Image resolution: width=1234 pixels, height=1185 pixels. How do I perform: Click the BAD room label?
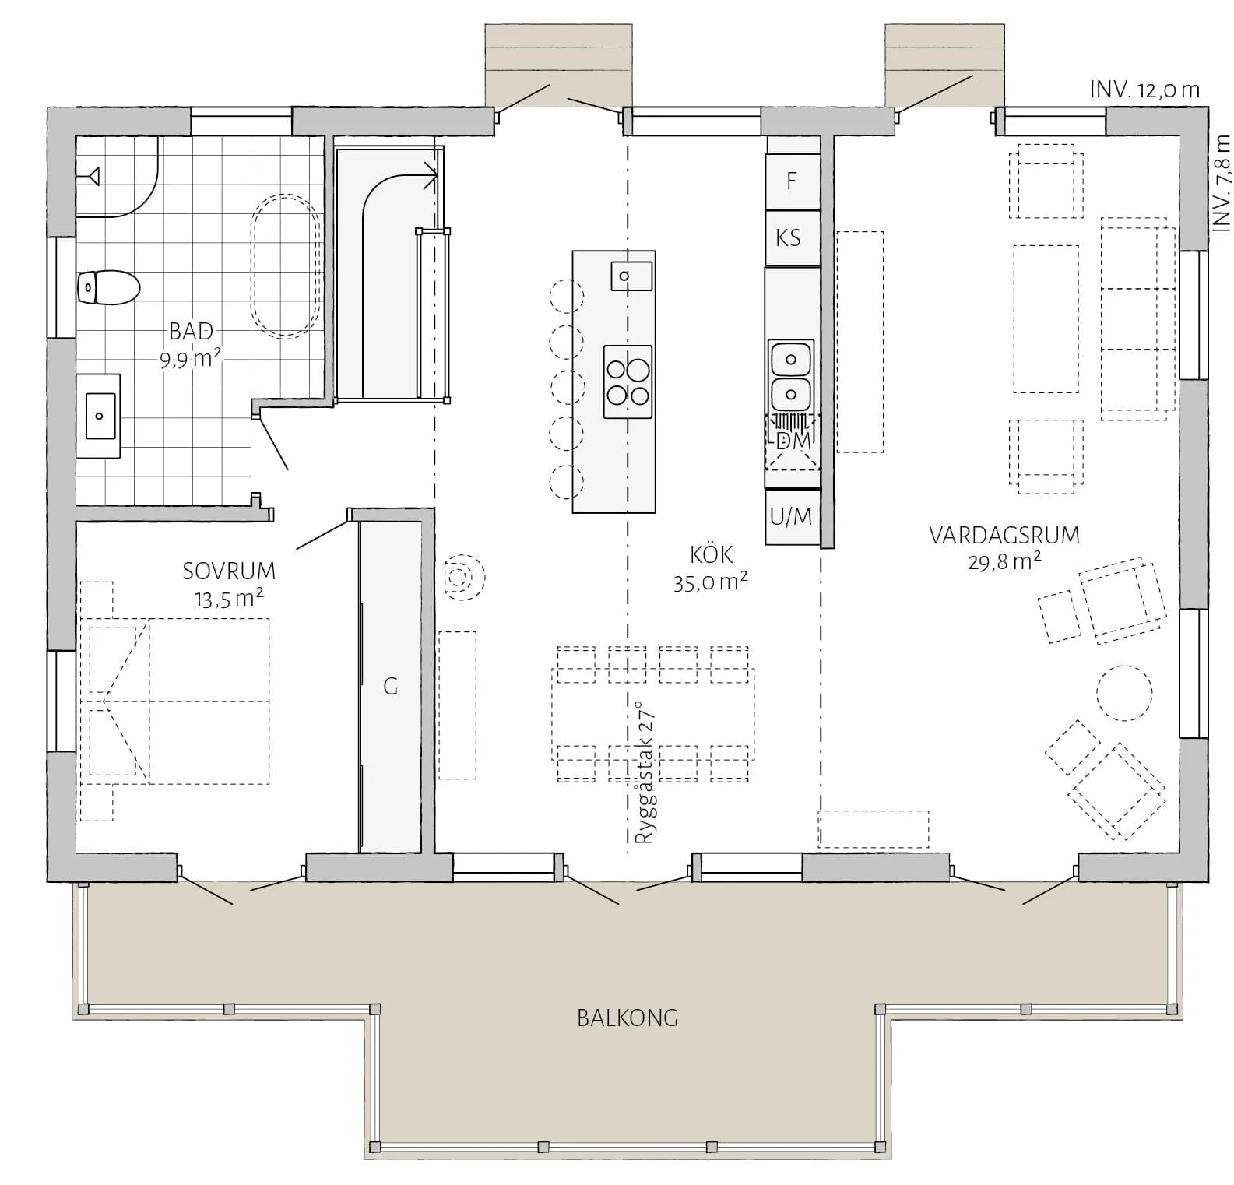point(191,331)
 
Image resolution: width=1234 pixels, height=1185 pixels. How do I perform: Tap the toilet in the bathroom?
point(108,287)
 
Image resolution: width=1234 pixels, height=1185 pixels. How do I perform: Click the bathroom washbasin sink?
point(100,416)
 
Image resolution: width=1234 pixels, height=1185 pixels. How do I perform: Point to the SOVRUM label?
point(229,571)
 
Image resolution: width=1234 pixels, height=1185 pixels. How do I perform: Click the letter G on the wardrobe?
point(391,686)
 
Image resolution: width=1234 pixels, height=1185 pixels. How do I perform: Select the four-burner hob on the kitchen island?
point(628,382)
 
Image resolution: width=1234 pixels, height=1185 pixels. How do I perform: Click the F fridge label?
point(792,181)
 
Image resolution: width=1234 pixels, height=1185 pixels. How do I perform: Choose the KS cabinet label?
point(788,237)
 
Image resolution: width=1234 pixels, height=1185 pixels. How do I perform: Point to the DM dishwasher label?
point(793,441)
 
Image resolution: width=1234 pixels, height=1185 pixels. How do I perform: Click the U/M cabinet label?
point(790,515)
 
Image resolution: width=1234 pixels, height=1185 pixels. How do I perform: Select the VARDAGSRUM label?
point(1004,536)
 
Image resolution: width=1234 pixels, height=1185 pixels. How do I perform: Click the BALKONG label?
point(628,1018)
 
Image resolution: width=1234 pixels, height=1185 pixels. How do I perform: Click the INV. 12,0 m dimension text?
point(1144,90)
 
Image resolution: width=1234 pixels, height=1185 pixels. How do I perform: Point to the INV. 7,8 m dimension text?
point(1222,182)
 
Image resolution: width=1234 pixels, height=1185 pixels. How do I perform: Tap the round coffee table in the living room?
point(1124,693)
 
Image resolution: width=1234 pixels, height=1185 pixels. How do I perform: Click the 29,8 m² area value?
point(1004,561)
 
